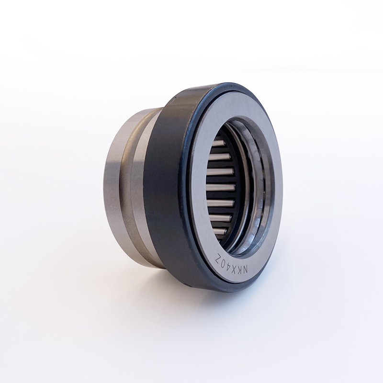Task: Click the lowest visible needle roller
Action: click(221, 231)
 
